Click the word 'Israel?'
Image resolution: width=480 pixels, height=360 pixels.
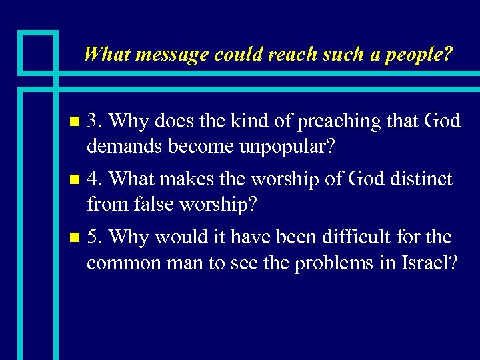430,263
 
